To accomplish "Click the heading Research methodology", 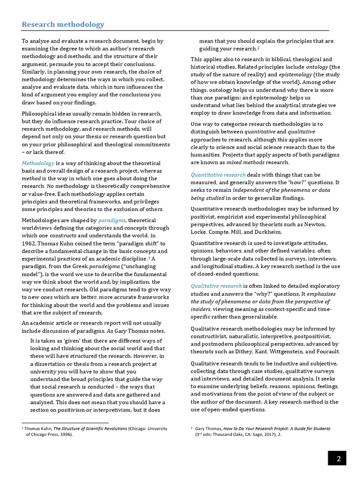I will [63, 24].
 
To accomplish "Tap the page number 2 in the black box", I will [338, 459].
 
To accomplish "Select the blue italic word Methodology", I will [38, 163].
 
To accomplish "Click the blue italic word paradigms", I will [112, 220].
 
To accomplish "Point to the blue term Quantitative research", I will [218, 174].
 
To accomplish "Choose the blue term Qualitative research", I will [216, 285].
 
